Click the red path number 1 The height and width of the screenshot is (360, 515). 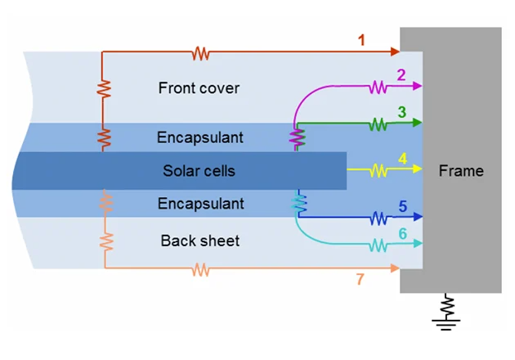(x=361, y=39)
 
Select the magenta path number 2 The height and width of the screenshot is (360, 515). (x=401, y=75)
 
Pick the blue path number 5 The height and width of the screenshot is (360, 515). (x=401, y=206)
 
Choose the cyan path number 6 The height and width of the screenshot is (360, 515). (x=401, y=234)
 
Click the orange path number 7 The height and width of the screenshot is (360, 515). (x=360, y=280)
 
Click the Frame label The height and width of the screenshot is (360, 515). (x=461, y=171)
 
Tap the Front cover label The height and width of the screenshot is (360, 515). (x=199, y=88)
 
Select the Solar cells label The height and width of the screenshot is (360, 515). (x=199, y=171)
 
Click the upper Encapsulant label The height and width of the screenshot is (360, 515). (x=199, y=137)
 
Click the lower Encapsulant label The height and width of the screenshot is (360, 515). (x=199, y=204)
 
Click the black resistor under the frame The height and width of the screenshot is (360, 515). (x=446, y=307)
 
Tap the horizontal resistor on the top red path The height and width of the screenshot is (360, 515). (x=200, y=54)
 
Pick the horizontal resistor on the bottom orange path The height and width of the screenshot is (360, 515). (x=200, y=268)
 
